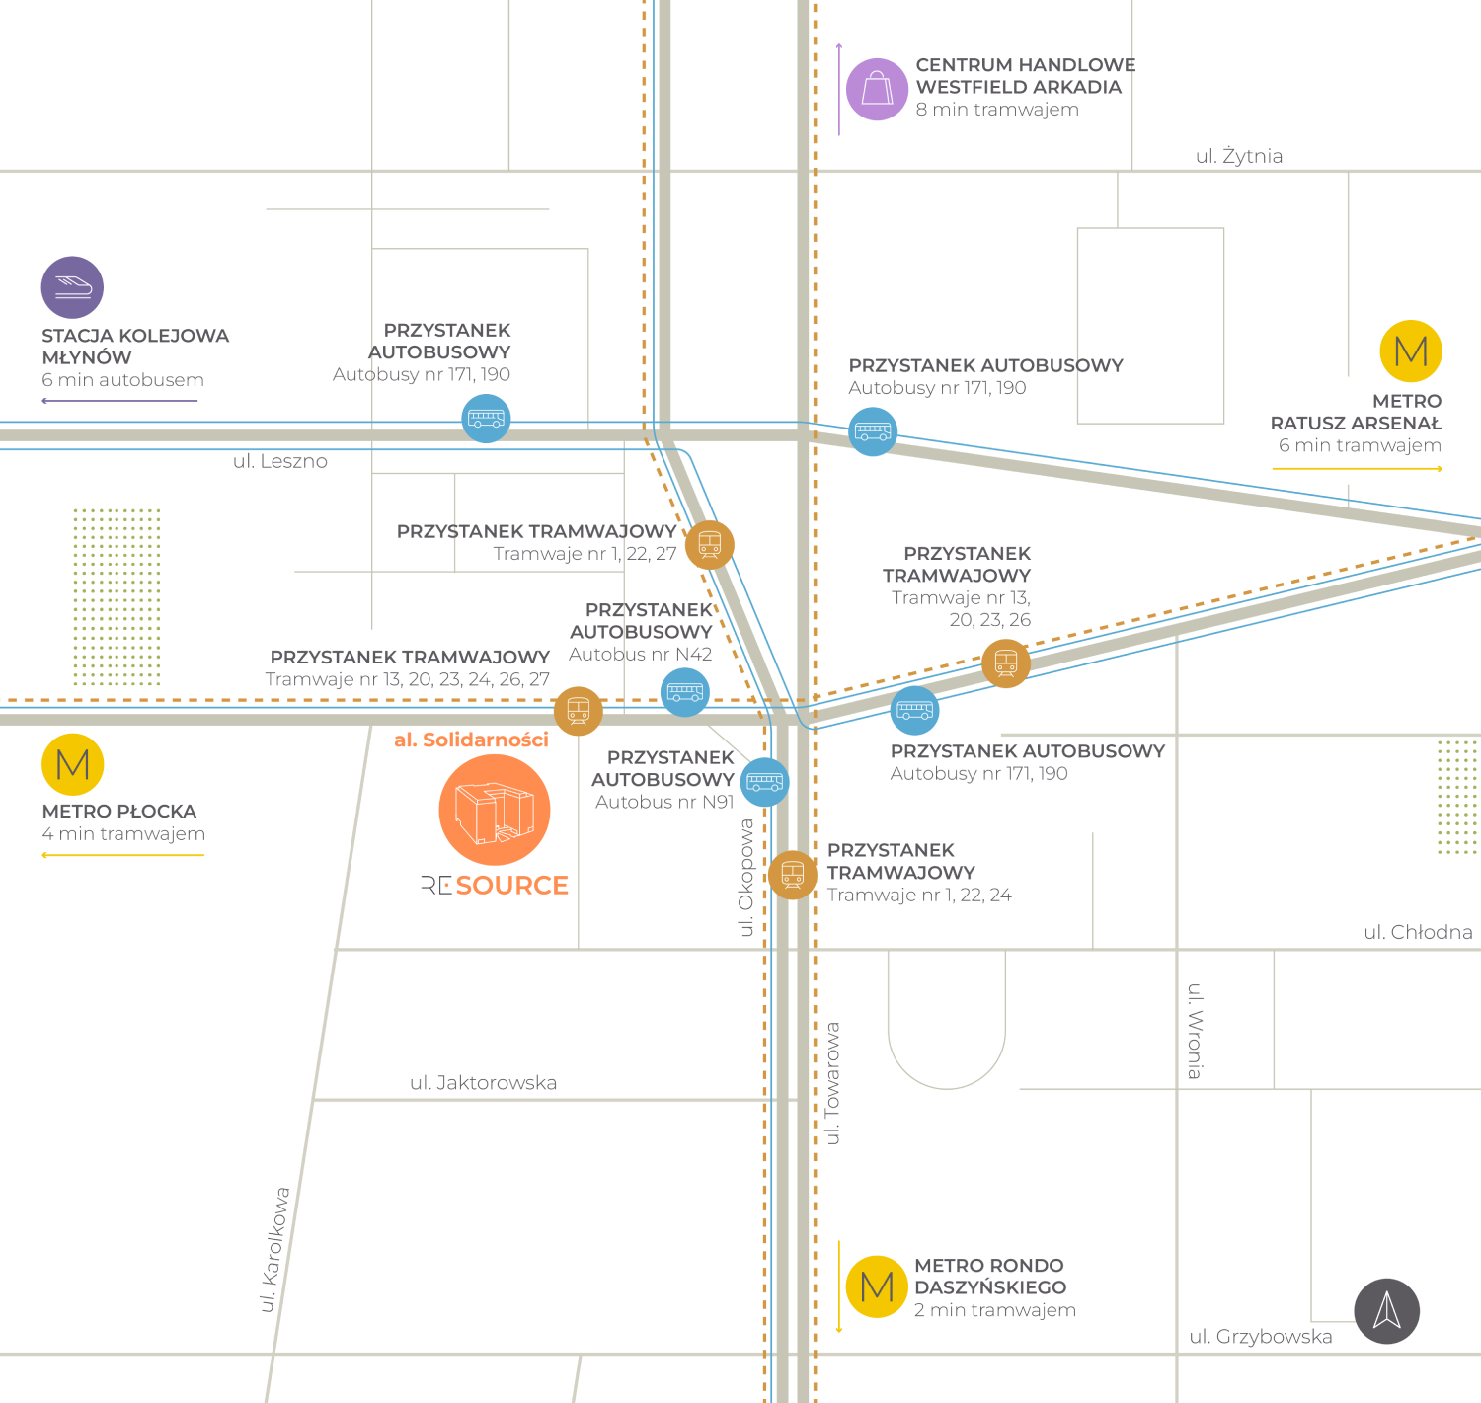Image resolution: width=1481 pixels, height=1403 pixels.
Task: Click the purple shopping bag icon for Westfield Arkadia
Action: click(877, 89)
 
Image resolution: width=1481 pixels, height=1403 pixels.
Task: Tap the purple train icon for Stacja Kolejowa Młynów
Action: click(72, 287)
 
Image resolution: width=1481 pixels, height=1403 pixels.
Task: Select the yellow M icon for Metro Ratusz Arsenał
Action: click(1411, 351)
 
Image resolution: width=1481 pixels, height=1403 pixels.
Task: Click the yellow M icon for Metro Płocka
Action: click(73, 764)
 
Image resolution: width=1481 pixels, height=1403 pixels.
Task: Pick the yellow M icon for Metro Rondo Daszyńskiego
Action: click(877, 1286)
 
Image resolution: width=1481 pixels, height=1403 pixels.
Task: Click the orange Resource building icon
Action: click(495, 810)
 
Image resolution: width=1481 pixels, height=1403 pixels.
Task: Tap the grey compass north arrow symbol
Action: click(1387, 1311)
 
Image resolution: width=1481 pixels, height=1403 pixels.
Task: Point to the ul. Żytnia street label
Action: click(1239, 156)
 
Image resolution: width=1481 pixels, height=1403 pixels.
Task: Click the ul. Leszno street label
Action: click(280, 461)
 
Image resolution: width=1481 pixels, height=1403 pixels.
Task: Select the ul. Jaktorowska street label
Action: click(483, 1083)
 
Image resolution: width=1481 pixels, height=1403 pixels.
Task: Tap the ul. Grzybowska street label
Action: click(1261, 1337)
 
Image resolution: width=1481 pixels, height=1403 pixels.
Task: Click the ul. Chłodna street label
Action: click(1418, 932)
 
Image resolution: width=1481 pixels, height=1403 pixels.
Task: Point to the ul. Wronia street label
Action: click(1195, 1031)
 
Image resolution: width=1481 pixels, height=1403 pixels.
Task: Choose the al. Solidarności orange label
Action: click(471, 740)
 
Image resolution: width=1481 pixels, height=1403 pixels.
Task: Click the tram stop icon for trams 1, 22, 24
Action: click(792, 875)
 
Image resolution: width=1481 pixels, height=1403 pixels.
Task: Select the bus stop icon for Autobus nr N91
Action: click(765, 782)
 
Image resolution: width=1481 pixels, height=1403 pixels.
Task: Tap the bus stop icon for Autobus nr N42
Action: click(685, 692)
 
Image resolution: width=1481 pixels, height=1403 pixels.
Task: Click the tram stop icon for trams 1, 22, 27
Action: click(710, 544)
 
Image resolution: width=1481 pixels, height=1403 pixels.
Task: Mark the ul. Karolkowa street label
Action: click(275, 1250)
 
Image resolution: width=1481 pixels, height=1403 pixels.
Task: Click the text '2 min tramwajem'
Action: click(994, 1310)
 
